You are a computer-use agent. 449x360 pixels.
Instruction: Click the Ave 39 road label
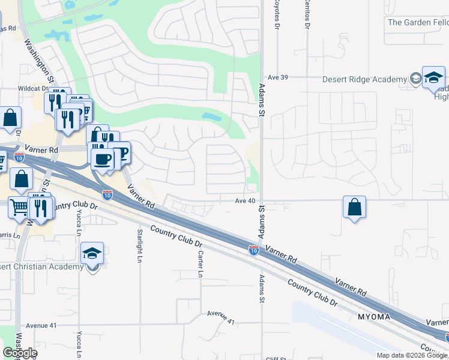coord(278,77)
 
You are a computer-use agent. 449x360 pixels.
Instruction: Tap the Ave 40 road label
coord(246,201)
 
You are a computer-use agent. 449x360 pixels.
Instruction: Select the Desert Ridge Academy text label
coord(364,80)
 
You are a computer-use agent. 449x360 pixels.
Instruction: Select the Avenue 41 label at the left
coord(41,325)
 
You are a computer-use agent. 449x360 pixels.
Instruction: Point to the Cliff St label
coord(277,358)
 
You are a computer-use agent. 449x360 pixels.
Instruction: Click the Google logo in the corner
coord(20,353)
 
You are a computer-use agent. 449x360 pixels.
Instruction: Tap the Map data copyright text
coord(412,355)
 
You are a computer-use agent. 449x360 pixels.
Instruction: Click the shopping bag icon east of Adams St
coord(354,207)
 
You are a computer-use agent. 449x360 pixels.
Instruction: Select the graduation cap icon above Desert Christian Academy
coord(92,253)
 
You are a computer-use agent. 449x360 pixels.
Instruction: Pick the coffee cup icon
coord(102,159)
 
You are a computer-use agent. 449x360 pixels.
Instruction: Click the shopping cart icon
coord(20,207)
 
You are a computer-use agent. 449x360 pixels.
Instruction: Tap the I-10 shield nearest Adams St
coord(254,250)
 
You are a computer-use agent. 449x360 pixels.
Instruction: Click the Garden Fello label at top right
coord(418,23)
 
